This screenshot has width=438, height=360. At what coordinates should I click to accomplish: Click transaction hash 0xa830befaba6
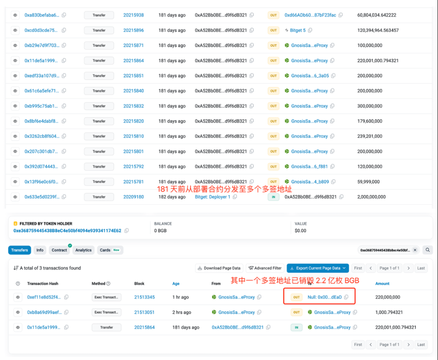coord(42,15)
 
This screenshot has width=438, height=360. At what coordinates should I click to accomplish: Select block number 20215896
coord(133,30)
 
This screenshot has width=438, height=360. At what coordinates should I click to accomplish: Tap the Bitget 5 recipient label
coord(298,30)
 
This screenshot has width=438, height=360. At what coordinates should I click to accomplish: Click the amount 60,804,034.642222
coord(377,15)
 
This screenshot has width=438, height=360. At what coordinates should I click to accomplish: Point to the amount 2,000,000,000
coord(371,197)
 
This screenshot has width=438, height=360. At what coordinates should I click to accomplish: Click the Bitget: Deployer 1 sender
coord(213,197)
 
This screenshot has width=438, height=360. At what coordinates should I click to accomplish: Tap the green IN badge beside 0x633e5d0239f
coord(273,197)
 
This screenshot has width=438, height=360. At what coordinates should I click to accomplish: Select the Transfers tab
coord(20,250)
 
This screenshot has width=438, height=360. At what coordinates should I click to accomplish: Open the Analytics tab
coord(83,250)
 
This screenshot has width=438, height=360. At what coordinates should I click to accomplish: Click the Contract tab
coord(59,250)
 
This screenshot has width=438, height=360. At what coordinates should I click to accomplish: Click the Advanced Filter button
coord(265,268)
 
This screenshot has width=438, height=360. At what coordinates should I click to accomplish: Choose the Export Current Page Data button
coord(317,268)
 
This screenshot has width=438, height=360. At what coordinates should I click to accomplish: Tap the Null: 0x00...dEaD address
coord(325,297)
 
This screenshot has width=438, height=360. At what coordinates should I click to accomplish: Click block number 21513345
coord(145,297)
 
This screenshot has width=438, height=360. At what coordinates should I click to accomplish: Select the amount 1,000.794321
coord(389,312)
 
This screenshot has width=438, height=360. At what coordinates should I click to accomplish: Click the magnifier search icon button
coord(427,250)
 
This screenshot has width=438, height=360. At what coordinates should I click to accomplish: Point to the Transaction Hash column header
coord(43,283)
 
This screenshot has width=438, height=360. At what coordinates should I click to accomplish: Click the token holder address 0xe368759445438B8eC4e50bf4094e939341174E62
coord(67,231)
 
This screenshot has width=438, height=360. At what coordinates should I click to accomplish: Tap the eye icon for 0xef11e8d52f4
coord(18,297)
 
